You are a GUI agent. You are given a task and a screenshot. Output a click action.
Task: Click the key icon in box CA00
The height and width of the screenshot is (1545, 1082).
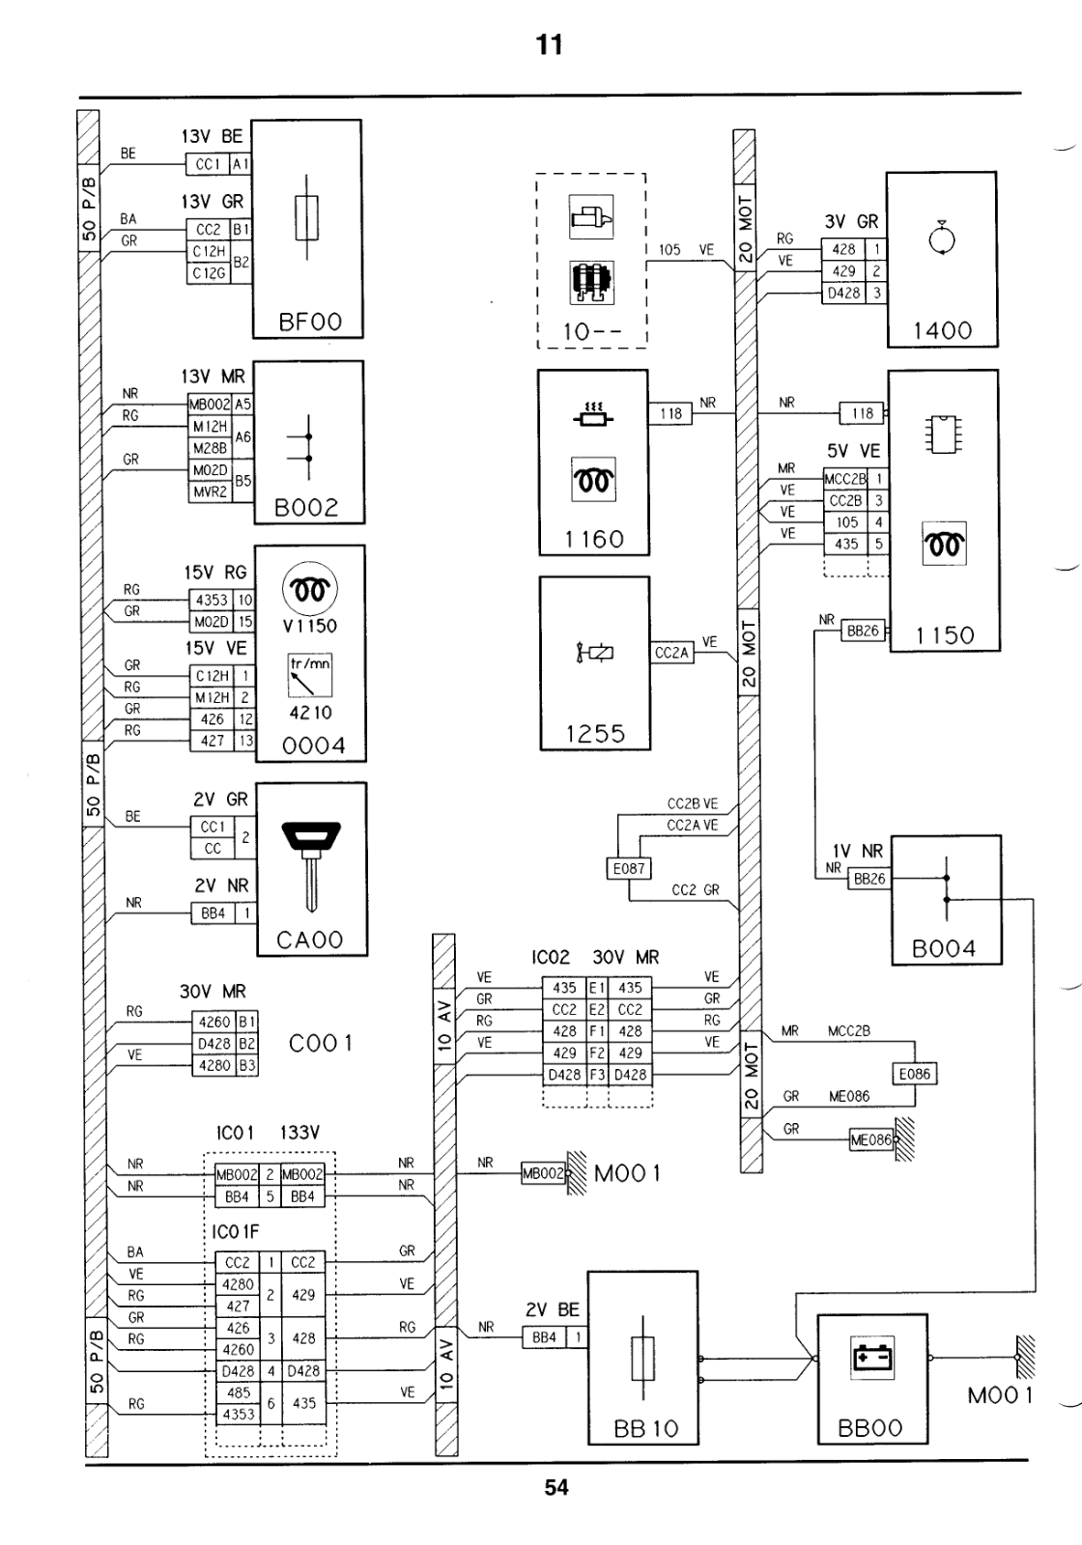(x=311, y=863)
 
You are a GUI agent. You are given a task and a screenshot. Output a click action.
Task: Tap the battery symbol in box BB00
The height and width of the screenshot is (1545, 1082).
(x=873, y=1358)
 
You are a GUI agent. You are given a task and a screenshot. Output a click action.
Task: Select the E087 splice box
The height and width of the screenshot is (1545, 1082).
(x=629, y=868)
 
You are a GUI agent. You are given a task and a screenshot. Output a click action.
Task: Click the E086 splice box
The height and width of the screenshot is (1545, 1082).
(x=914, y=1074)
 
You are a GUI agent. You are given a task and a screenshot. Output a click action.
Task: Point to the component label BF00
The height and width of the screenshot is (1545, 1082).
(x=310, y=323)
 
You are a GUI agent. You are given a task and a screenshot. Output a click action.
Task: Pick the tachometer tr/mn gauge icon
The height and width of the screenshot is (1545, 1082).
(x=310, y=675)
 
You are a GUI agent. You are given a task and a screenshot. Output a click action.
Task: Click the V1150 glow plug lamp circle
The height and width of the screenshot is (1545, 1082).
(x=310, y=589)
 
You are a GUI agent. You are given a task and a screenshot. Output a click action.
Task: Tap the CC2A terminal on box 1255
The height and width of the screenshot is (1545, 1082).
(x=672, y=653)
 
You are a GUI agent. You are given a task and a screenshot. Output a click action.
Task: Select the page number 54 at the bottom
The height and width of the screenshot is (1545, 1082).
(x=556, y=1488)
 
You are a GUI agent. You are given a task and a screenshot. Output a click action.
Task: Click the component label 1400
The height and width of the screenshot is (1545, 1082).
(x=943, y=331)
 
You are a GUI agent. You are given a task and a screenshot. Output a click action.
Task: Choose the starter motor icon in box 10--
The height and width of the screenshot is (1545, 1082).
(x=591, y=216)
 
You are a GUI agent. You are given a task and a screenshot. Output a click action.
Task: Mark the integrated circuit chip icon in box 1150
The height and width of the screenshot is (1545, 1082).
(x=943, y=434)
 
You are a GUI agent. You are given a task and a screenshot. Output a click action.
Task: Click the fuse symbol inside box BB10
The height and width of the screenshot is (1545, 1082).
(x=643, y=1358)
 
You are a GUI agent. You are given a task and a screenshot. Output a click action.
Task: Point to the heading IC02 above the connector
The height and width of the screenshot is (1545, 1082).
(x=551, y=957)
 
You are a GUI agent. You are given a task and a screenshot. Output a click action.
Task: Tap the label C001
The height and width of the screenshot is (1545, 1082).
(x=321, y=1044)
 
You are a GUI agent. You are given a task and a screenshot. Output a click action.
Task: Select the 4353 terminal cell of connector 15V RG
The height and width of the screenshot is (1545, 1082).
(x=212, y=600)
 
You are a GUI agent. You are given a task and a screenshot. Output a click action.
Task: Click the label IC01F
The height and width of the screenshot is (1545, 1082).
(x=236, y=1232)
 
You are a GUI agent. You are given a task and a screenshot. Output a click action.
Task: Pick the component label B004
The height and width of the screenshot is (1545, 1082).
(x=943, y=949)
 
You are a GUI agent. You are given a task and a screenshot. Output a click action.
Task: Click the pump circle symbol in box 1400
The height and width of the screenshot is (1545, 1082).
(x=942, y=238)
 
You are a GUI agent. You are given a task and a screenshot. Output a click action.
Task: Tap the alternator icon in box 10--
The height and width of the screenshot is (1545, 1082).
(x=591, y=283)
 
